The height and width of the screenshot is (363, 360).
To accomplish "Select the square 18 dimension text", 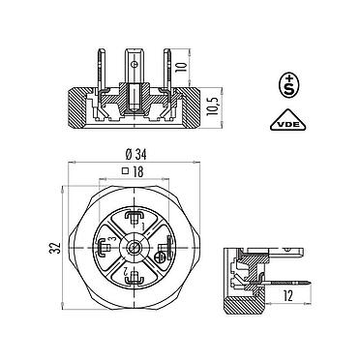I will click(x=135, y=170).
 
